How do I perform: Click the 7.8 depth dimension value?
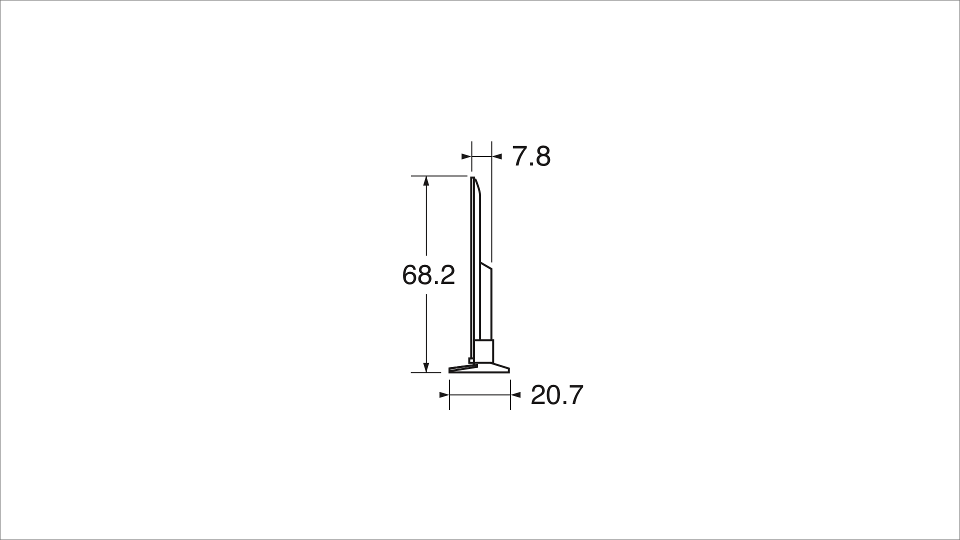pyautogui.click(x=531, y=156)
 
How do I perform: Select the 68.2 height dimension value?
pyautogui.click(x=428, y=275)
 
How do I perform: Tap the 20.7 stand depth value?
pyautogui.click(x=556, y=395)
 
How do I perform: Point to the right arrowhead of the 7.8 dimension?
pyautogui.click(x=497, y=156)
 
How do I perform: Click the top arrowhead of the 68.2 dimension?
pyautogui.click(x=426, y=181)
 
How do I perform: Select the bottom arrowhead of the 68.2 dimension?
pyautogui.click(x=426, y=367)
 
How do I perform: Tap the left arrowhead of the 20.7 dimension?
pyautogui.click(x=444, y=395)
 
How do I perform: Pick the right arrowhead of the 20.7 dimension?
pyautogui.click(x=515, y=395)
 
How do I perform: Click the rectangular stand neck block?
pyautogui.click(x=484, y=350)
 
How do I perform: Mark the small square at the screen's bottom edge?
pyautogui.click(x=470, y=360)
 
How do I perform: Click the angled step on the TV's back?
pyautogui.click(x=486, y=265)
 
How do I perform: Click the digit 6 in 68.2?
pyautogui.click(x=410, y=275)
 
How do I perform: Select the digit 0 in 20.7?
pyautogui.click(x=551, y=395)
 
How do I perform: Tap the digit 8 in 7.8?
pyautogui.click(x=542, y=156)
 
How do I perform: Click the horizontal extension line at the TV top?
pyautogui.click(x=438, y=176)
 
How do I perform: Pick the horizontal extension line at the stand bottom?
pyautogui.click(x=425, y=372)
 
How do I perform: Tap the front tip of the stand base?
pyautogui.click(x=450, y=370)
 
